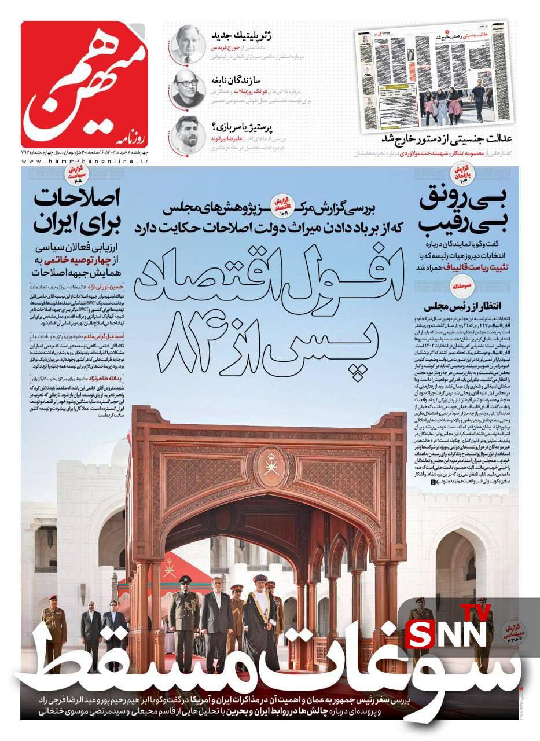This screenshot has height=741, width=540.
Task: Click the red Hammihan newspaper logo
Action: (85, 85)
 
